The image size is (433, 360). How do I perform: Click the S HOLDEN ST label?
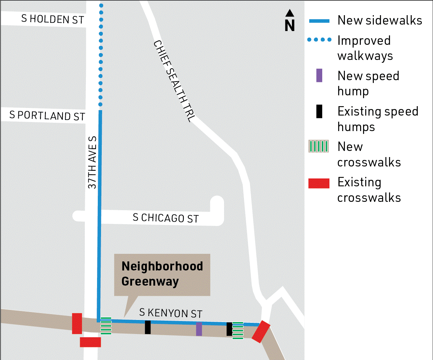(53, 19)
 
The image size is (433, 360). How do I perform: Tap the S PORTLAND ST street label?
(47, 116)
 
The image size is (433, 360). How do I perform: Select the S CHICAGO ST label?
(166, 218)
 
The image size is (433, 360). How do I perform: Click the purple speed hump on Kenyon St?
(199, 329)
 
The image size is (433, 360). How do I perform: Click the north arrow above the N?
(289, 13)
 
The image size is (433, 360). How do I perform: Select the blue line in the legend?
(319, 21)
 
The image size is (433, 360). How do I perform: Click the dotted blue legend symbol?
(319, 41)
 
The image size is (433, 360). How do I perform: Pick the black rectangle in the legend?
(319, 112)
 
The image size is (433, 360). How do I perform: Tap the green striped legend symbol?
(319, 147)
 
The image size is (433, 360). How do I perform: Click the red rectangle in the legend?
(319, 183)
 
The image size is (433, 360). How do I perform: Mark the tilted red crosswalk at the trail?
(261, 331)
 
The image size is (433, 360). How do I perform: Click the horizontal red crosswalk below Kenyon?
(90, 342)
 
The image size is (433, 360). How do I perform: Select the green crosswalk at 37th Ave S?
(106, 326)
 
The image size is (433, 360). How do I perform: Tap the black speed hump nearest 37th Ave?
(148, 327)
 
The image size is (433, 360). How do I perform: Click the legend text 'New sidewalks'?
(380, 21)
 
